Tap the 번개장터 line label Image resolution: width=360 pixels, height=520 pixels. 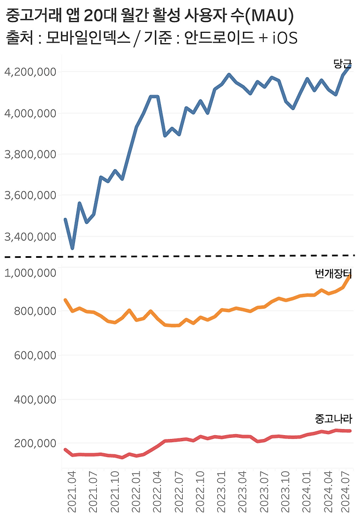click(334, 274)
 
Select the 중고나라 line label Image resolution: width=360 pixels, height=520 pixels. click(334, 419)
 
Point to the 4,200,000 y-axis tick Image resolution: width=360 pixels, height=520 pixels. click(30, 72)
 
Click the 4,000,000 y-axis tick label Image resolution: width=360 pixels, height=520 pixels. click(30, 113)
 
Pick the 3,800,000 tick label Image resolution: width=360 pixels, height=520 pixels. click(30, 154)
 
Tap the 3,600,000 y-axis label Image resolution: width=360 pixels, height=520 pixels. click(30, 195)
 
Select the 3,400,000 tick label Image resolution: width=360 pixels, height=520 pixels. click(30, 236)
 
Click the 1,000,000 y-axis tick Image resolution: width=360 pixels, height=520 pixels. click(30, 273)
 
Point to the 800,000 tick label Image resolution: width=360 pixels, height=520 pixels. click(34, 311)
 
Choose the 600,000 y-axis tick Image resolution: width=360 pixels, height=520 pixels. click(34, 355)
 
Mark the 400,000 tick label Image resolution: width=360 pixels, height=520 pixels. click(34, 400)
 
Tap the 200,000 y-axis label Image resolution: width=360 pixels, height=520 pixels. click(34, 443)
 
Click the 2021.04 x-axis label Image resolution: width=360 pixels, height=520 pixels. click(72, 493)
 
